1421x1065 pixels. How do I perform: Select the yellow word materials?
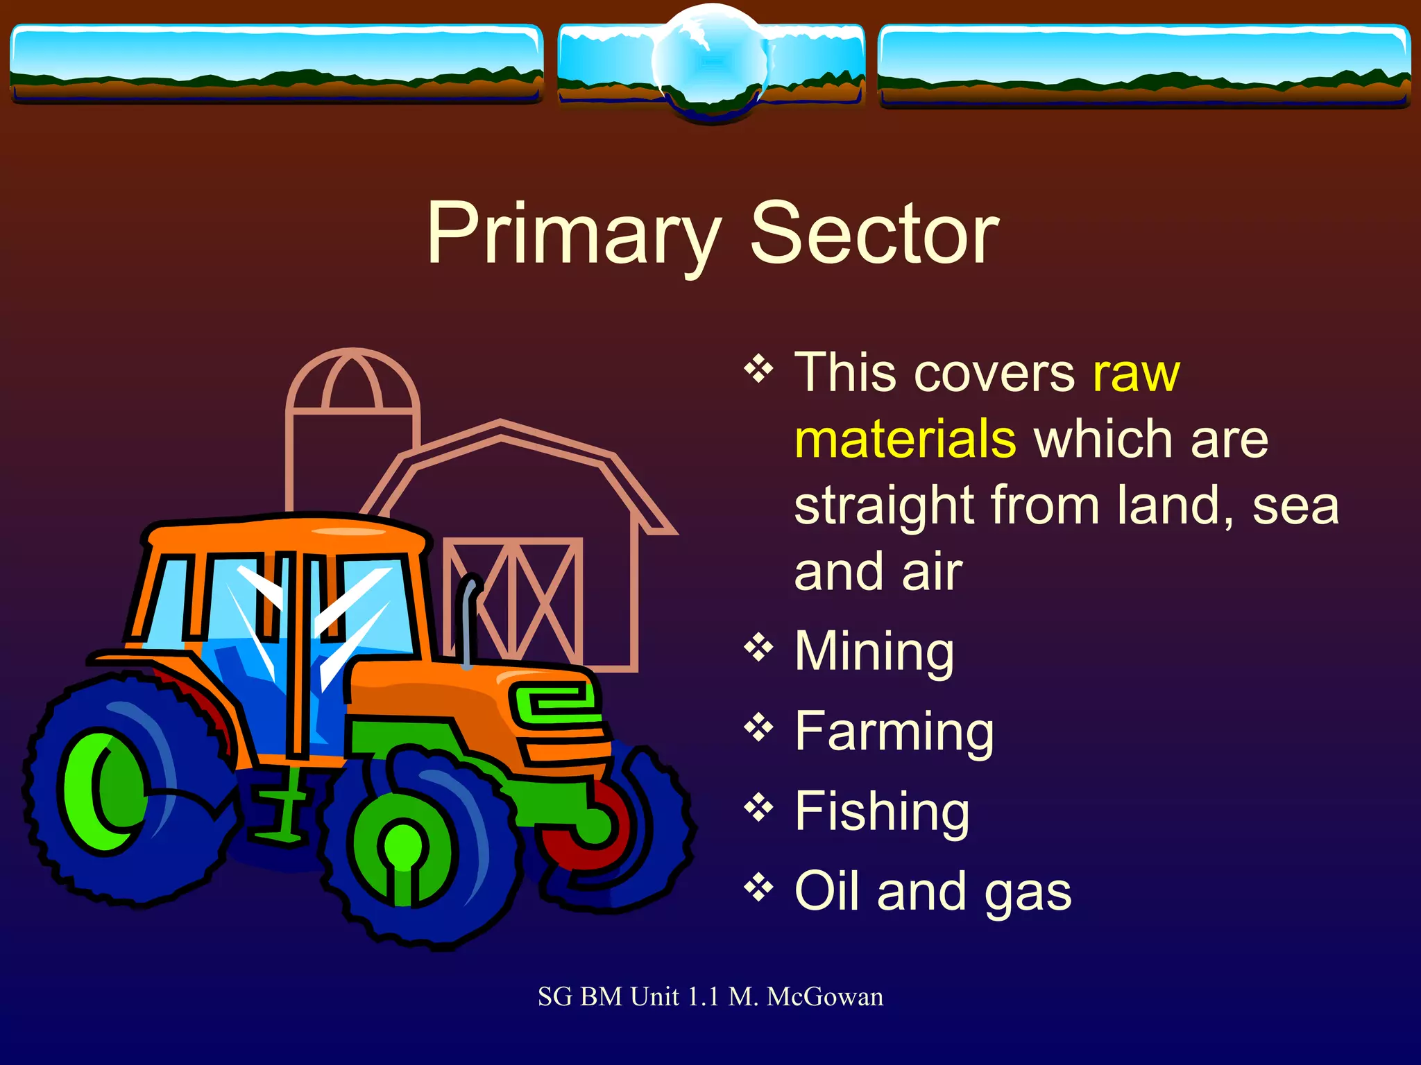point(905,439)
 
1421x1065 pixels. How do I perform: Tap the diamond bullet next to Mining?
point(758,648)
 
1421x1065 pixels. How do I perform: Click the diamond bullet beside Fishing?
point(758,808)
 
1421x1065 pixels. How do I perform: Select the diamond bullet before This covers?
point(758,369)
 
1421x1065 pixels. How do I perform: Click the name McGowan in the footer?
point(825,997)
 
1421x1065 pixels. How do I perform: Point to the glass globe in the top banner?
point(710,62)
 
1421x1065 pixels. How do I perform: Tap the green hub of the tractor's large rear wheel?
point(104,790)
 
